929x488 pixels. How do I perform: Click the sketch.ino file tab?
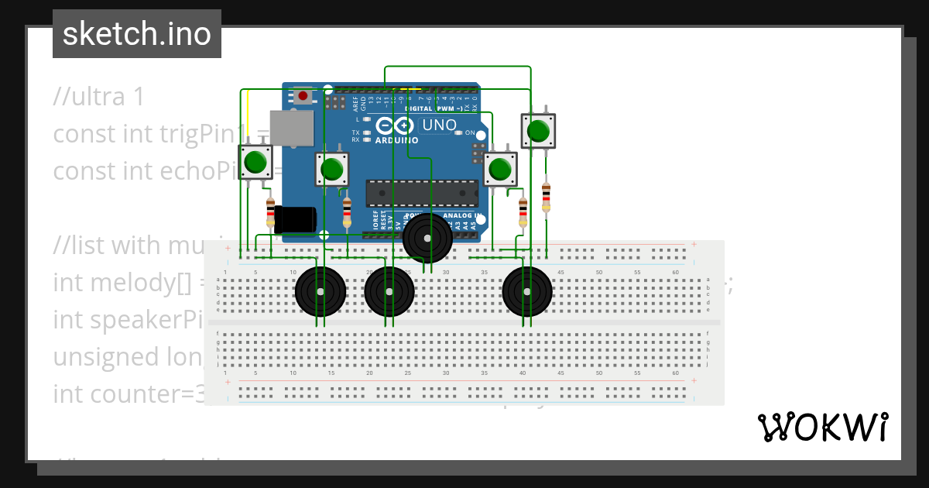pyautogui.click(x=137, y=34)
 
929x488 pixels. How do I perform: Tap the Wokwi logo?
pyautogui.click(x=822, y=427)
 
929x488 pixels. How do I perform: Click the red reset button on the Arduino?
pyautogui.click(x=303, y=96)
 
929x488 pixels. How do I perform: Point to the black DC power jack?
pyautogui.click(x=295, y=219)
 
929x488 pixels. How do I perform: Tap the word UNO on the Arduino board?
pyautogui.click(x=439, y=125)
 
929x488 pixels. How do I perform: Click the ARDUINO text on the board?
pyautogui.click(x=396, y=140)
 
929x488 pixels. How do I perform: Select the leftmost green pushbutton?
pyautogui.click(x=255, y=163)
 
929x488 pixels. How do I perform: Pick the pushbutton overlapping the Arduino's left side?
pyautogui.click(x=332, y=169)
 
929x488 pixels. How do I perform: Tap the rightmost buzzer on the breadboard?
pyautogui.click(x=527, y=291)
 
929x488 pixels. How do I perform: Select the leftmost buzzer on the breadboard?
pyautogui.click(x=320, y=291)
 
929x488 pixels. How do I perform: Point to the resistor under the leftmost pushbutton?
pyautogui.click(x=270, y=211)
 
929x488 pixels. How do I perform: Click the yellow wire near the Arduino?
pyautogui.click(x=248, y=116)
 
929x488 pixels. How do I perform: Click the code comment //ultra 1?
pyautogui.click(x=99, y=97)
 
